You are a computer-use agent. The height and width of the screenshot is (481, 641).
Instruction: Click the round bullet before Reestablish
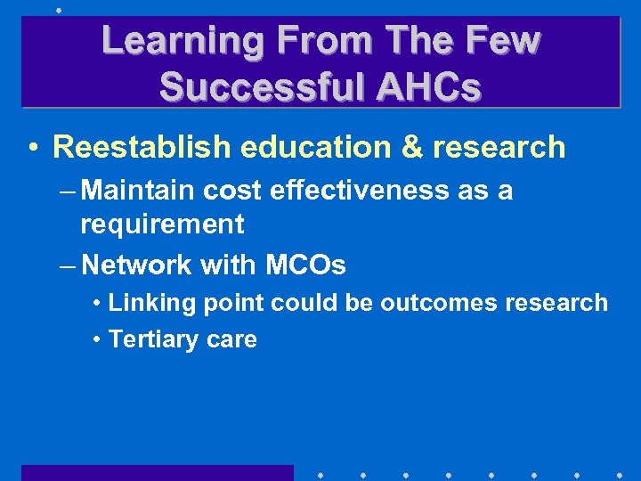32,148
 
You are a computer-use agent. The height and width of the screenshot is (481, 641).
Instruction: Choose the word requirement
162,224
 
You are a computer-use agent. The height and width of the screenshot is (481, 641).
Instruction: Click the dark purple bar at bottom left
157,472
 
